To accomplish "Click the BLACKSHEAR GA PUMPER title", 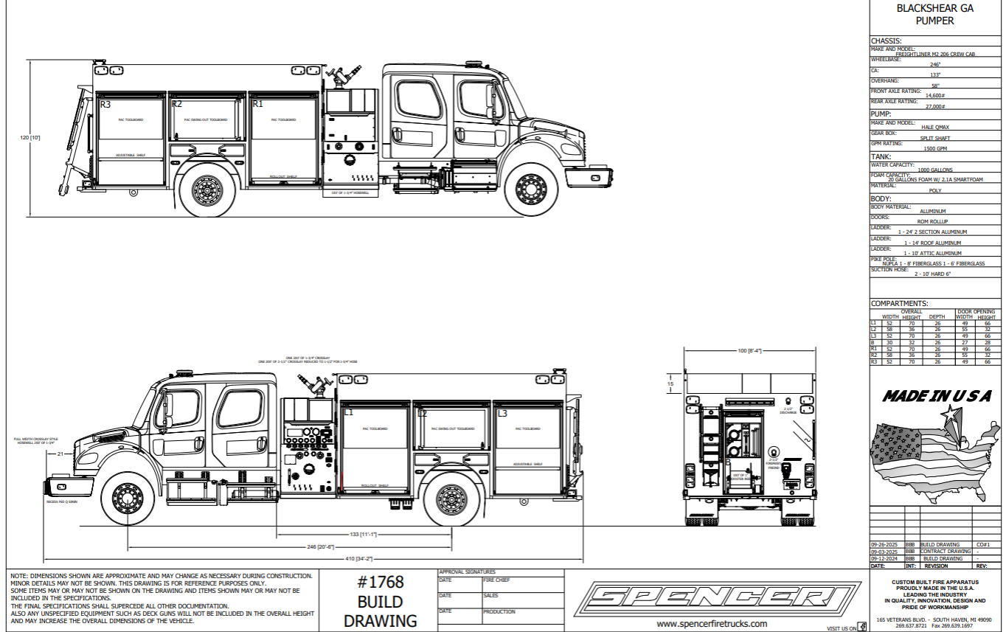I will click(934, 15).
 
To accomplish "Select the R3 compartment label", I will click(105, 105).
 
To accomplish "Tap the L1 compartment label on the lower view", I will click(348, 413).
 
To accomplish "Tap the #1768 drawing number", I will click(381, 582).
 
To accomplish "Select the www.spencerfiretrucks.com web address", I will click(712, 623).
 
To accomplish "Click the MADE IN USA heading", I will click(937, 396).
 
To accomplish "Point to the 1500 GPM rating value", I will click(935, 148).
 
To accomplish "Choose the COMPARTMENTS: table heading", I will click(899, 303).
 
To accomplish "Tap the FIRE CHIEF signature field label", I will click(497, 580).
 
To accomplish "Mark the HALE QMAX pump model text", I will click(935, 127).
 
